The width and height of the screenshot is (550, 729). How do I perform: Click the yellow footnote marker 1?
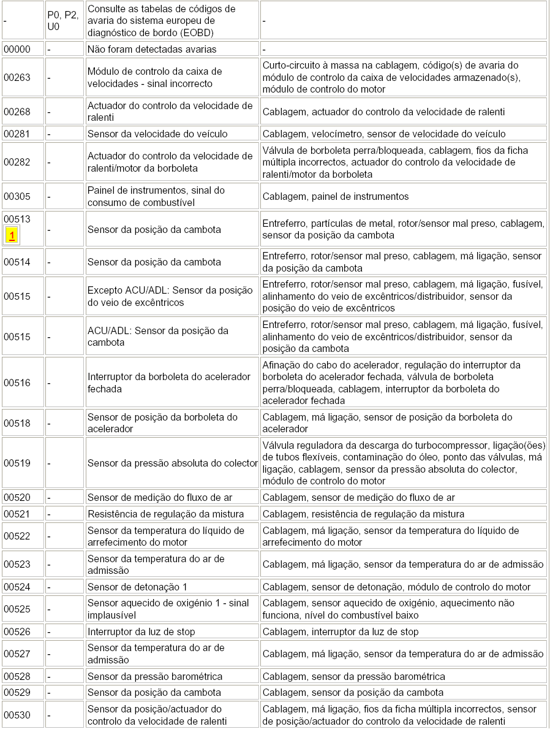[12, 235]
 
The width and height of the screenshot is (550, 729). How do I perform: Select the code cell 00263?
[17, 78]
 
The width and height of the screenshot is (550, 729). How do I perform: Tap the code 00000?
[17, 49]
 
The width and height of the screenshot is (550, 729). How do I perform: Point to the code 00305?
[17, 196]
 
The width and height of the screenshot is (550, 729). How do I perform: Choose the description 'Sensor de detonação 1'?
[137, 587]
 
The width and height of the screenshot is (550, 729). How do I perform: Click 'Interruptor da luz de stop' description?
[149, 632]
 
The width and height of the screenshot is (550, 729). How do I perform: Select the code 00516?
[17, 383]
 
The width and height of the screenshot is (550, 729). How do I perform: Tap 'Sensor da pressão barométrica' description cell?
[155, 676]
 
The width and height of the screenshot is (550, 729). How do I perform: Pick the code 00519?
[17, 463]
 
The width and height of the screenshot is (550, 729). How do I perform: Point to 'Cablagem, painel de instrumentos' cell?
[335, 196]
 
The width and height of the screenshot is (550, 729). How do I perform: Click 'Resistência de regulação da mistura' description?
[165, 514]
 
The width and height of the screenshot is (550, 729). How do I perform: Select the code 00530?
[17, 715]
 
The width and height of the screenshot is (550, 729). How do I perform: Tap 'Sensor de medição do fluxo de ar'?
[159, 498]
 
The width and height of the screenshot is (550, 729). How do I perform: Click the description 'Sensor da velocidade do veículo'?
[157, 134]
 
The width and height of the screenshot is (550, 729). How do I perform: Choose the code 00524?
[17, 587]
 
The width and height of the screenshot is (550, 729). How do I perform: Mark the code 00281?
[17, 134]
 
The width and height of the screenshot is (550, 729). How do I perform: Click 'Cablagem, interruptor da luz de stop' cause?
[341, 632]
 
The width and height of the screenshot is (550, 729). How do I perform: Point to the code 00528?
[17, 676]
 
